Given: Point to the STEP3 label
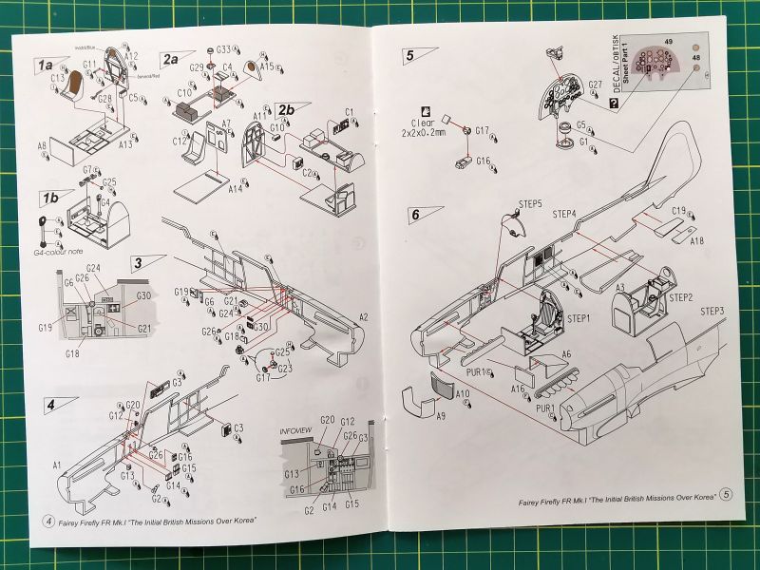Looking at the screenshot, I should pos(713,313).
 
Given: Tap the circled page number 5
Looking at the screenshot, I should pos(727,494).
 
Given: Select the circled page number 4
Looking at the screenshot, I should pos(48,522).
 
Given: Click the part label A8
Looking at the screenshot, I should pos(42,145).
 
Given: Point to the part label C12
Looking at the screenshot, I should pos(178,142).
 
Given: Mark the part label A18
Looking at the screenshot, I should pos(696,241).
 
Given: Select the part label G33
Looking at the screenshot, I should pos(223,49).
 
